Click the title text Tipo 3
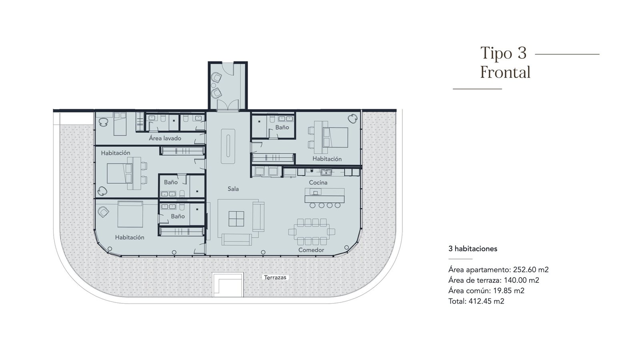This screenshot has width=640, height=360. pyautogui.click(x=504, y=53)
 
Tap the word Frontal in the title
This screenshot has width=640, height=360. pyautogui.click(x=505, y=72)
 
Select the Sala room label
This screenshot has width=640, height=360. pyautogui.click(x=233, y=188)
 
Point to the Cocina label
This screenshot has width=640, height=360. pyautogui.click(x=318, y=182)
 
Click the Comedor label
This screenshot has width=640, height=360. pyautogui.click(x=311, y=250)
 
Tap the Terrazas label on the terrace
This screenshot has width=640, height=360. pyautogui.click(x=275, y=278)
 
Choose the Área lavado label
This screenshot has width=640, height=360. pyautogui.click(x=165, y=138)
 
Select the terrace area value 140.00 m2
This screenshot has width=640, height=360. pyautogui.click(x=522, y=280)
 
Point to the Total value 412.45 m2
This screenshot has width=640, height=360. pyautogui.click(x=486, y=301)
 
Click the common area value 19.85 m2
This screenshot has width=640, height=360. pyautogui.click(x=509, y=291)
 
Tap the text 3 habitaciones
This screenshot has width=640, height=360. pyautogui.click(x=473, y=248)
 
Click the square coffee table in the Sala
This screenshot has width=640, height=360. pyautogui.click(x=236, y=219)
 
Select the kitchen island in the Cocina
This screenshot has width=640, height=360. pyautogui.click(x=324, y=196)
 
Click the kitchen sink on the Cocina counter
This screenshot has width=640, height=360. pyautogui.click(x=326, y=172)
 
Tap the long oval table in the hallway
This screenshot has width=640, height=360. pyautogui.click(x=228, y=146)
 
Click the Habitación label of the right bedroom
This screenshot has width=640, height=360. pyautogui.click(x=327, y=159)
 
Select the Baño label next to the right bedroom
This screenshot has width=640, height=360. pyautogui.click(x=282, y=127)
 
